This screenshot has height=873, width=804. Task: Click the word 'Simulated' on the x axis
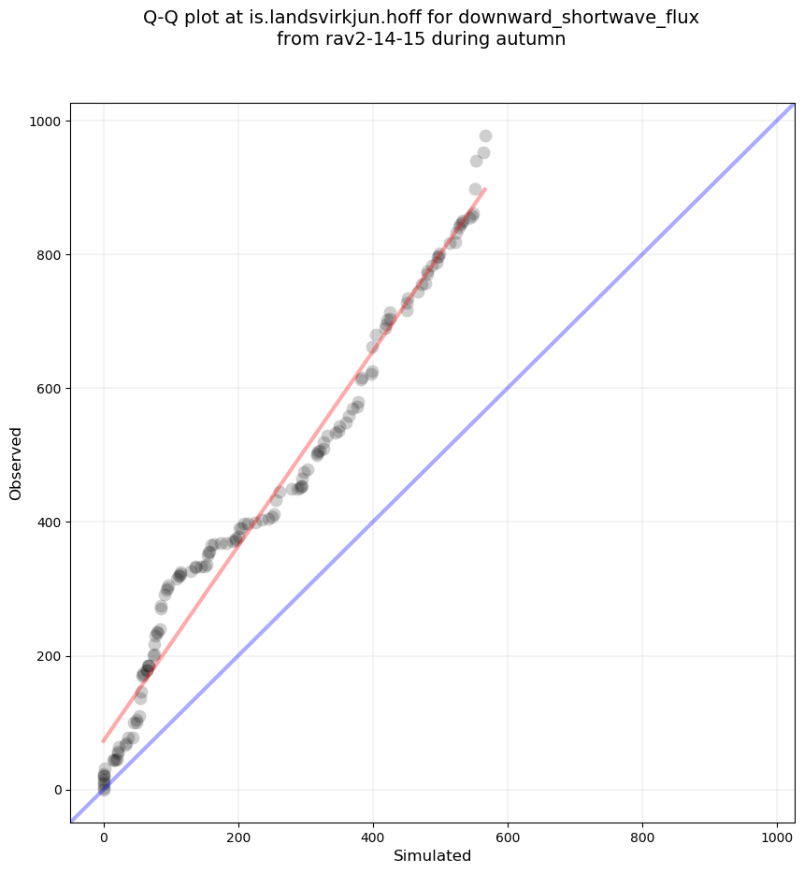click(x=432, y=855)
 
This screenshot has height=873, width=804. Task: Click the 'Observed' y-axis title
click(x=16, y=463)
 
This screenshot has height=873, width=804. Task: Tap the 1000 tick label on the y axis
click(x=45, y=122)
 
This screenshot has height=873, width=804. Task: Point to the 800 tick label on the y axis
click(x=49, y=255)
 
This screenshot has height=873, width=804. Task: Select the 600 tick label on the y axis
click(x=49, y=389)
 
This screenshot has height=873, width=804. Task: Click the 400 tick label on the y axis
click(x=49, y=522)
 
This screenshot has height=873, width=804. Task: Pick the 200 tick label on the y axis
click(x=49, y=656)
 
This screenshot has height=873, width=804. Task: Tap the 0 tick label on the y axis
click(x=56, y=790)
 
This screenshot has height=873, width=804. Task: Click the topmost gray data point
click(x=485, y=136)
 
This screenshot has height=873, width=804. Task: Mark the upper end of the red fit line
click(x=485, y=189)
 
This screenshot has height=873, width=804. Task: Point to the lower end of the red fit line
click(x=104, y=741)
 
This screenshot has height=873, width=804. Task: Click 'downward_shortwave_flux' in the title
click(x=578, y=18)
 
